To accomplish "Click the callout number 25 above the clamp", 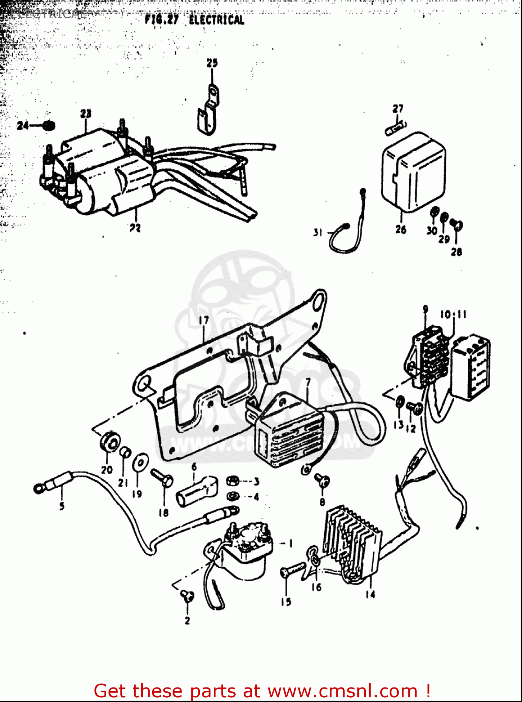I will point(212,63).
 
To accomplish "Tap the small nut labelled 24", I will point(49,125).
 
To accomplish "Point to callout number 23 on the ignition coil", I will point(86,114).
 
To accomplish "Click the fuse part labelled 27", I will point(396,128).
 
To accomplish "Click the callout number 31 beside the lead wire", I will point(318,232).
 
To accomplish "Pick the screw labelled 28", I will point(457,226).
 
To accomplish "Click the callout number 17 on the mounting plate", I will point(203,321).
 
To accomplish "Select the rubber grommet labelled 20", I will point(109,441).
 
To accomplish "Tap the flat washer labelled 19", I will point(139,462).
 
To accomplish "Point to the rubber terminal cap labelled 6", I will point(196,491).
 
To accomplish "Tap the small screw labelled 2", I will point(187,595).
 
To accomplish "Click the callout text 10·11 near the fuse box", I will point(453,314).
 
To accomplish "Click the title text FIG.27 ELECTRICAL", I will point(194,20).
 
